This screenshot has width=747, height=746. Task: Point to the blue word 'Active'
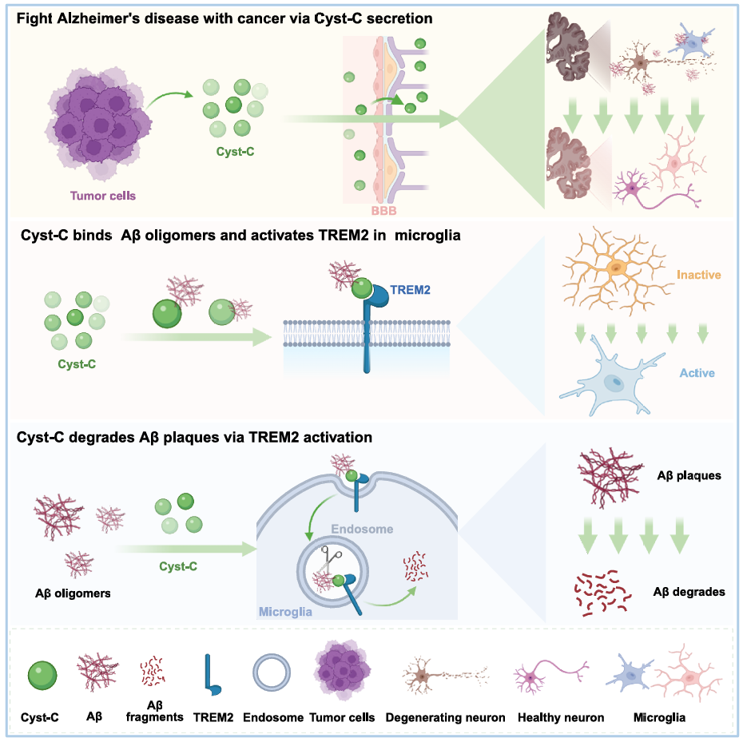697,372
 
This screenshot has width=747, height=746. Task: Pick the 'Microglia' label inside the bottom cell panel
285,611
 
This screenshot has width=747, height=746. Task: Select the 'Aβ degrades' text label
689,592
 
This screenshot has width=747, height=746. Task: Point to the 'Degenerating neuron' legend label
446,717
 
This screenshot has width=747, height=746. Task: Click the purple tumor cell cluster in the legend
342,676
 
